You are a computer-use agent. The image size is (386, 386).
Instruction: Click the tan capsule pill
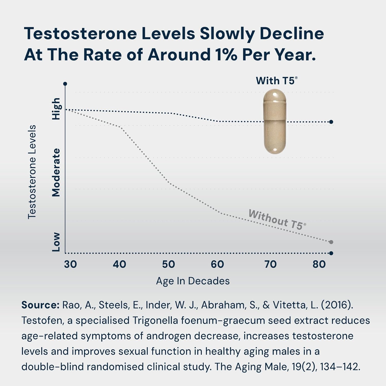(275, 121)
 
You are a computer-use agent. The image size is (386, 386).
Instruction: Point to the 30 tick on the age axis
(70, 264)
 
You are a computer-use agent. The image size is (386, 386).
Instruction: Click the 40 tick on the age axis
(119, 264)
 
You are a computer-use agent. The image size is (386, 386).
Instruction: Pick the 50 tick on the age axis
(169, 264)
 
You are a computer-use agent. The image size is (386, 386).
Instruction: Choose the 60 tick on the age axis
(217, 264)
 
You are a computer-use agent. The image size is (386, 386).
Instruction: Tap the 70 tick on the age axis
(270, 264)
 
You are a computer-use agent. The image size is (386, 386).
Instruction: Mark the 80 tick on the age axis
(319, 264)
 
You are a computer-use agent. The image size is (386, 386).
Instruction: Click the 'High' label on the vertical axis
(56, 109)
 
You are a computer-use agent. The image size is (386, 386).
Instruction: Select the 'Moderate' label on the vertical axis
(56, 172)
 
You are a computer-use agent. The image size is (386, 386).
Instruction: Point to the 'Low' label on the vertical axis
(56, 242)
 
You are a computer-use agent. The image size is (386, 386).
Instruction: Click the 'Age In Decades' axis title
(193, 281)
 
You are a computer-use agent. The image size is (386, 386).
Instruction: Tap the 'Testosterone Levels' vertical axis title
(32, 172)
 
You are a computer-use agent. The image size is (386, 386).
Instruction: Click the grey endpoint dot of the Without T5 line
(331, 242)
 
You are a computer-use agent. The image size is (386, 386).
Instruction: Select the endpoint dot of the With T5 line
(331, 122)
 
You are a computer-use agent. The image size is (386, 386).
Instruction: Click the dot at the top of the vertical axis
(65, 84)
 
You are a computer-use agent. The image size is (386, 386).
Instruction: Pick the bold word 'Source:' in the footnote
(40, 305)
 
